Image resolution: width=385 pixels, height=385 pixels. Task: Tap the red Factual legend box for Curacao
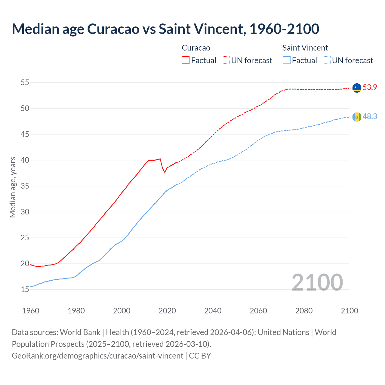[186, 60]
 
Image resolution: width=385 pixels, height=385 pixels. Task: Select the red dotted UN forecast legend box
[226, 60]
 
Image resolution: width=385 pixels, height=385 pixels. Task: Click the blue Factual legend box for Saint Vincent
[287, 60]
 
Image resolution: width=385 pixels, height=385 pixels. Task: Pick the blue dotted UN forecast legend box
[327, 60]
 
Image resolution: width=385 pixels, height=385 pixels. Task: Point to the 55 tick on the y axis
[25, 82]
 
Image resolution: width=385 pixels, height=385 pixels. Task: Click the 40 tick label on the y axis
[25, 160]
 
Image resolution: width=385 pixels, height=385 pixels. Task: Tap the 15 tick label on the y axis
[25, 290]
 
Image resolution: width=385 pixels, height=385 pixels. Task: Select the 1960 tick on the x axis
[31, 311]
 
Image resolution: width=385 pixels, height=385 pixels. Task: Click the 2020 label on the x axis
[167, 311]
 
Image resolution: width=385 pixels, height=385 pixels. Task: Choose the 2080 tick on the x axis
[304, 311]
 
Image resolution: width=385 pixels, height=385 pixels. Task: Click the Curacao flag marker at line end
[357, 88]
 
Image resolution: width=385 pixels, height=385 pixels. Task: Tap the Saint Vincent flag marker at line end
[357, 117]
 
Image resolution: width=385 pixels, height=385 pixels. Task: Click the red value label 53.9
[370, 88]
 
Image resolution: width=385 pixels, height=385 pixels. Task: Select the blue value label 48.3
[370, 116]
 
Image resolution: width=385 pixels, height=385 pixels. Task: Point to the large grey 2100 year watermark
[317, 282]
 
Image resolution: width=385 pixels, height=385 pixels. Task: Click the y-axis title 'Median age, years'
[13, 187]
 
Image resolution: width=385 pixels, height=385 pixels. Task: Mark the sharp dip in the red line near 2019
[165, 172]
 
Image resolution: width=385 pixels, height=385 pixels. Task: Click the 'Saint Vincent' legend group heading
[305, 48]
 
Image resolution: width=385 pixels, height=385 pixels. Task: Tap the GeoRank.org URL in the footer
[97, 356]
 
